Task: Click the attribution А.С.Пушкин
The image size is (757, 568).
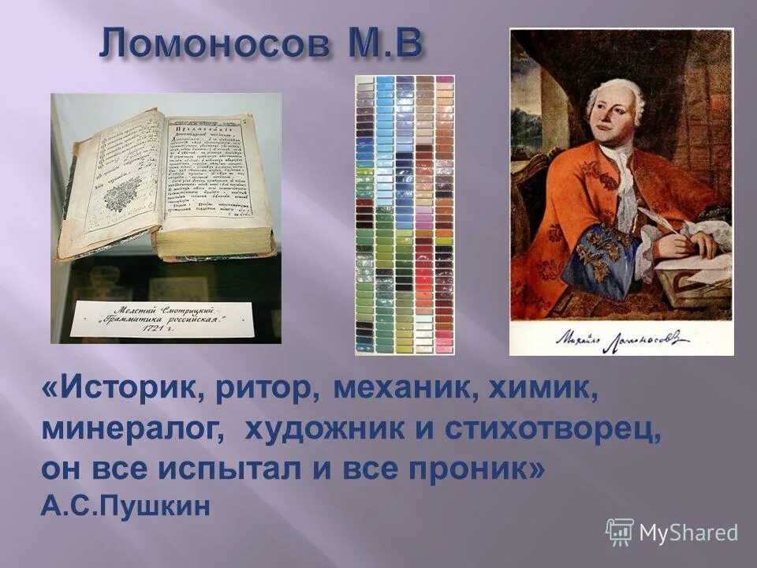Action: pyautogui.click(x=126, y=506)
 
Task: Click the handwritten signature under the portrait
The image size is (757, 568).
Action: pyautogui.click(x=621, y=338)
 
